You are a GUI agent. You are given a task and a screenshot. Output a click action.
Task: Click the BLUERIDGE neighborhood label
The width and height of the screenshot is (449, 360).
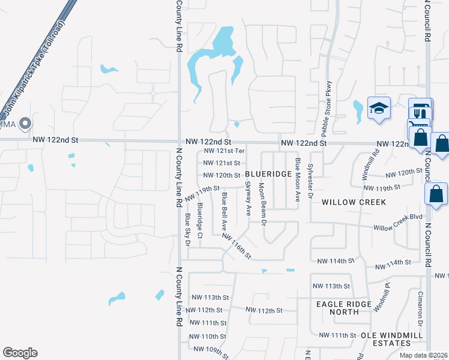(268, 173)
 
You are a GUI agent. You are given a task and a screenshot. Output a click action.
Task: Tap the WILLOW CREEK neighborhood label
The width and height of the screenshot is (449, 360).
(354, 202)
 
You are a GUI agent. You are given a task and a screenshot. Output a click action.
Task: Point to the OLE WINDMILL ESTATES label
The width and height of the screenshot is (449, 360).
(385, 339)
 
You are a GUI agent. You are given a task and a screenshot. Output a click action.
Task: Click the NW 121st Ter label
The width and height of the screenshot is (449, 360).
(224, 151)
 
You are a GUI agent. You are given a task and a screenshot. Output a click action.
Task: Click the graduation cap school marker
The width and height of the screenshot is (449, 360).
(379, 108)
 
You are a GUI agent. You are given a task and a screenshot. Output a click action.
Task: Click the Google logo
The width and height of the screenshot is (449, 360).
(20, 353)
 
